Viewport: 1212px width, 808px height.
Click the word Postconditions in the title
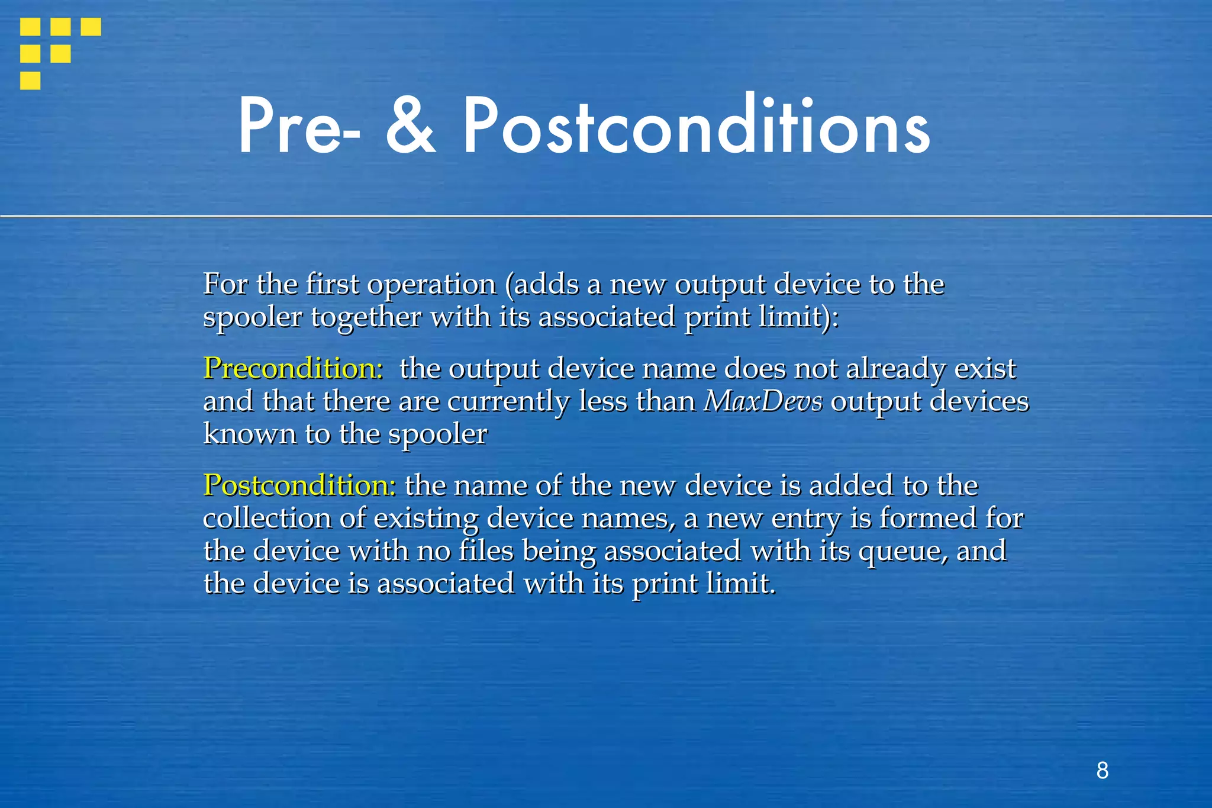[696, 127]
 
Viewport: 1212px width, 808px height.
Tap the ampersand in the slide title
[410, 127]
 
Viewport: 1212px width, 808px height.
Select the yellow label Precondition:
[293, 368]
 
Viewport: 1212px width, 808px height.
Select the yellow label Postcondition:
[299, 485]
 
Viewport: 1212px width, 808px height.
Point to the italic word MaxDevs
[763, 401]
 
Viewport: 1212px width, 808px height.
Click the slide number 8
[1102, 771]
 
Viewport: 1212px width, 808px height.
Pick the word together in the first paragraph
[366, 318]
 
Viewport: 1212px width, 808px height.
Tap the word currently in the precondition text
[508, 402]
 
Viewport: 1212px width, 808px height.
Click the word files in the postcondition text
[486, 551]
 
